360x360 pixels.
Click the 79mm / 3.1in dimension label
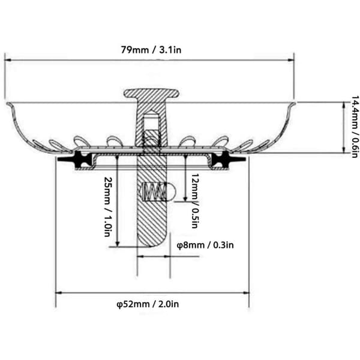tap(151, 50)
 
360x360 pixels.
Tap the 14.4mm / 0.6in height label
tap(354, 127)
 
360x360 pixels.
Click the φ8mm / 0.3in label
tap(205, 245)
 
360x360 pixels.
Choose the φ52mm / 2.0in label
tap(148, 304)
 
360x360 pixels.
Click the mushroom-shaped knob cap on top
tap(152, 93)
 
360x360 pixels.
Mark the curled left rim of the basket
tap(9, 105)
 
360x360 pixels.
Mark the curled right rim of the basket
tap(292, 105)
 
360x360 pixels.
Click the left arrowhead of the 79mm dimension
tap(8, 60)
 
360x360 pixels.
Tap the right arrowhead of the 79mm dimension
tap(291, 60)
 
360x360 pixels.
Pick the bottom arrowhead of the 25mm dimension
tap(118, 244)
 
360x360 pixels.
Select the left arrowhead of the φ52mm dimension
tap(59, 293)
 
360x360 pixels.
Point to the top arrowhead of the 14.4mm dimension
tap(344, 105)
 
